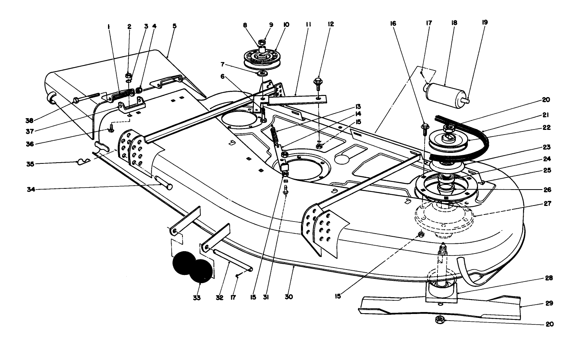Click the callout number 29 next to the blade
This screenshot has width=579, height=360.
coord(549,303)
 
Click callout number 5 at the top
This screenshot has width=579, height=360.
coord(174,26)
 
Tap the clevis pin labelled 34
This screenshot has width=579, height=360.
coord(164,183)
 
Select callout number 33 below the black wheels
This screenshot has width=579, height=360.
coord(197,298)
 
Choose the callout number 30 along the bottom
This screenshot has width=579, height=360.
coord(289,297)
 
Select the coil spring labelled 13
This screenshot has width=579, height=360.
coord(275,136)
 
